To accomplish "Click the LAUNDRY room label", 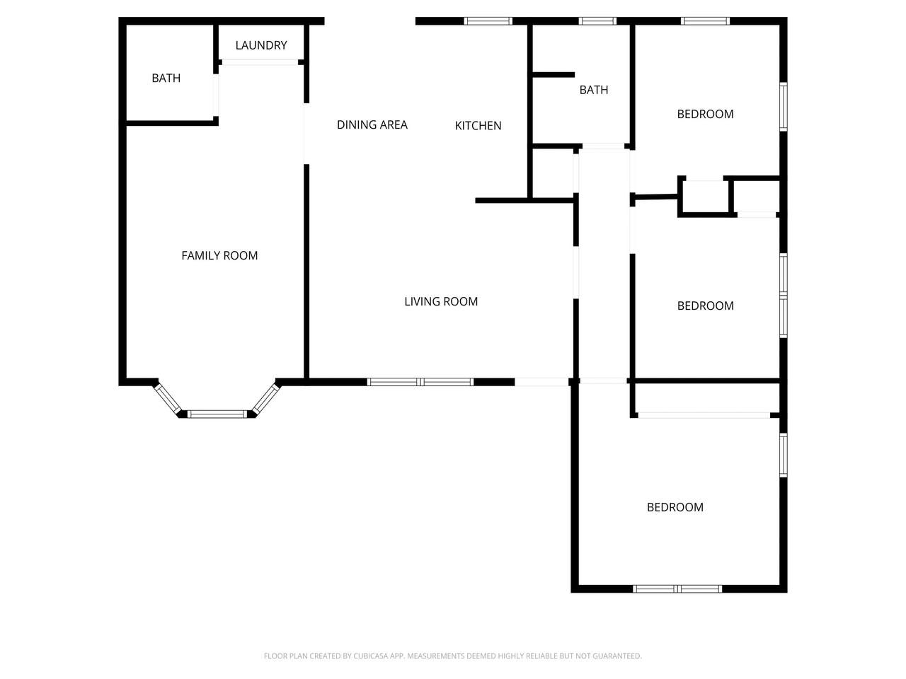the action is (x=261, y=45).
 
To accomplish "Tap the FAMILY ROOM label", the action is (x=219, y=255).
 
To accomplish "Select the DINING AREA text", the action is (x=372, y=124).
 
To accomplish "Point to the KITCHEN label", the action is (x=478, y=126).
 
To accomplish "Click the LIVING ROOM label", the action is (x=441, y=302).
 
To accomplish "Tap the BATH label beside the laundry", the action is (x=166, y=79).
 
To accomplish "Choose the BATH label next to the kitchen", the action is (x=594, y=90).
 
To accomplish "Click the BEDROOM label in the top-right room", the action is (x=706, y=114).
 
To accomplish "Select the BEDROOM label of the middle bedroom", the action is (x=706, y=306).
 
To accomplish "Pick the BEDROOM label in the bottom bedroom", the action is (x=675, y=507).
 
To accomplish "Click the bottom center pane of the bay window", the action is (x=217, y=414).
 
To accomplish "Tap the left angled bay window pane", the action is (x=167, y=398).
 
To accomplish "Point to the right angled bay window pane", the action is (x=266, y=398).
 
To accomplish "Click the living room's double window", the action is (x=420, y=382).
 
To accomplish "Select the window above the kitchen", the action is (x=488, y=21).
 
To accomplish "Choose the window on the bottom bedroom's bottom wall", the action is (x=677, y=588).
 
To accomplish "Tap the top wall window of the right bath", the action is (x=597, y=21).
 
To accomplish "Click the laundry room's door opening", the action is (x=260, y=62).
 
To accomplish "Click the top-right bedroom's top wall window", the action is (x=705, y=21).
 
